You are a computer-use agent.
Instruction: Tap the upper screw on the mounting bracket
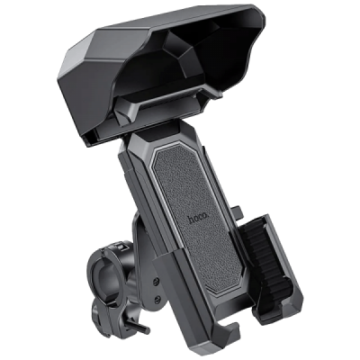click(x=156, y=281)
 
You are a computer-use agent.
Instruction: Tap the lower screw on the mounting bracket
click(x=157, y=298)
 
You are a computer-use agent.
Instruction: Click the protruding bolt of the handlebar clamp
click(x=139, y=326)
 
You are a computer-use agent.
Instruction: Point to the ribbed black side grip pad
click(x=264, y=259)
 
